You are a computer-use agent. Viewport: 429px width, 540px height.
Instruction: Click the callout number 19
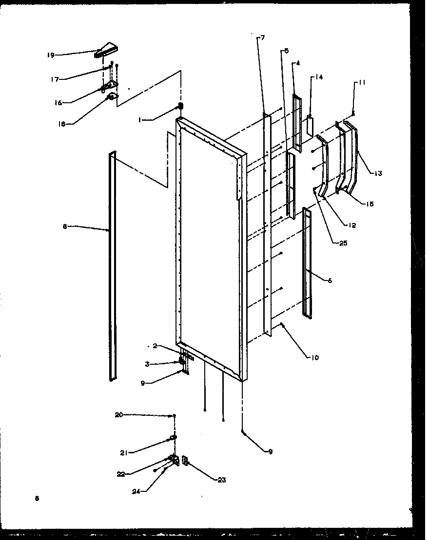50,55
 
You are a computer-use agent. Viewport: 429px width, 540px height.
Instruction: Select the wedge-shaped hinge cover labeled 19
106,50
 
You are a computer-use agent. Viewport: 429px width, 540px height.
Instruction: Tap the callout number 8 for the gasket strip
64,226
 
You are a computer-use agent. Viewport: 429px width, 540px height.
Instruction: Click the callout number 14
319,77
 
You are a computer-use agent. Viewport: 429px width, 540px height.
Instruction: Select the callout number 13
378,173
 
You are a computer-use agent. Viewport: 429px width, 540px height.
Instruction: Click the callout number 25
343,243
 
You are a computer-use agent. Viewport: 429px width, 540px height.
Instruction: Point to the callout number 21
124,453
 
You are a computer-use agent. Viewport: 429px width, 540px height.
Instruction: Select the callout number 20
118,415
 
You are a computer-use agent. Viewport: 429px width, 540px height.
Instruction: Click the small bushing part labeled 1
180,106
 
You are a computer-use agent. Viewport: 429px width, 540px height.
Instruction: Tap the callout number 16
58,103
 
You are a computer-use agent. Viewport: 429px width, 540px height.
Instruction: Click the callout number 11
361,83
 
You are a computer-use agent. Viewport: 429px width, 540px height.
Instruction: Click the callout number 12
351,225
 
